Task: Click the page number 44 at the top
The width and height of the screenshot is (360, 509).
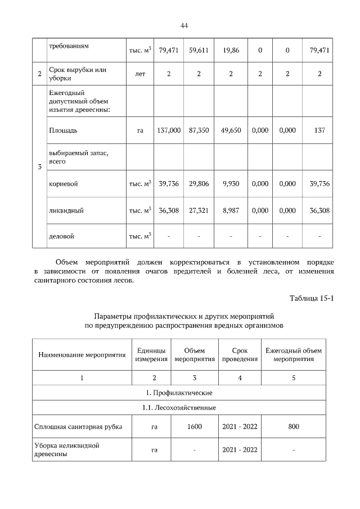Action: (x=184, y=25)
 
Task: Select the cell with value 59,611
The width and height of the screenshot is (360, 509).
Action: (x=199, y=50)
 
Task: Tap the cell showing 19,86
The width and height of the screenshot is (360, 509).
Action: (x=231, y=50)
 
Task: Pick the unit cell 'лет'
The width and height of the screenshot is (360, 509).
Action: (x=140, y=74)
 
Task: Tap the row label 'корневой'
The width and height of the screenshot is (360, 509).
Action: (x=64, y=184)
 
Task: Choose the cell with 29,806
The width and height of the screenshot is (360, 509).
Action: (x=199, y=184)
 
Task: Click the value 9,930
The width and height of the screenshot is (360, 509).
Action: (x=231, y=184)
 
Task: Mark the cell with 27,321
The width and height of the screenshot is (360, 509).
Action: (x=199, y=210)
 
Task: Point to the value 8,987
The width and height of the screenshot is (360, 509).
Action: (x=231, y=210)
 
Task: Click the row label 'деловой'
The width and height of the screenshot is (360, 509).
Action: (x=62, y=237)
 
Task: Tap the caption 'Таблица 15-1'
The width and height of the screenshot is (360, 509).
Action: (x=312, y=298)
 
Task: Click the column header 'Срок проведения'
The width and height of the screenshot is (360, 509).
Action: (x=240, y=355)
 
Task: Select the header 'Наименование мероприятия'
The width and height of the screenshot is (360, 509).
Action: (x=82, y=355)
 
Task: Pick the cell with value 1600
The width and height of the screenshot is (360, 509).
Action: (x=195, y=427)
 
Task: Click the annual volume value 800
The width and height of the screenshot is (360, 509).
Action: (x=294, y=427)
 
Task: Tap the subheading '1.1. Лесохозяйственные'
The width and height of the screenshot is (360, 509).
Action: (x=179, y=407)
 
